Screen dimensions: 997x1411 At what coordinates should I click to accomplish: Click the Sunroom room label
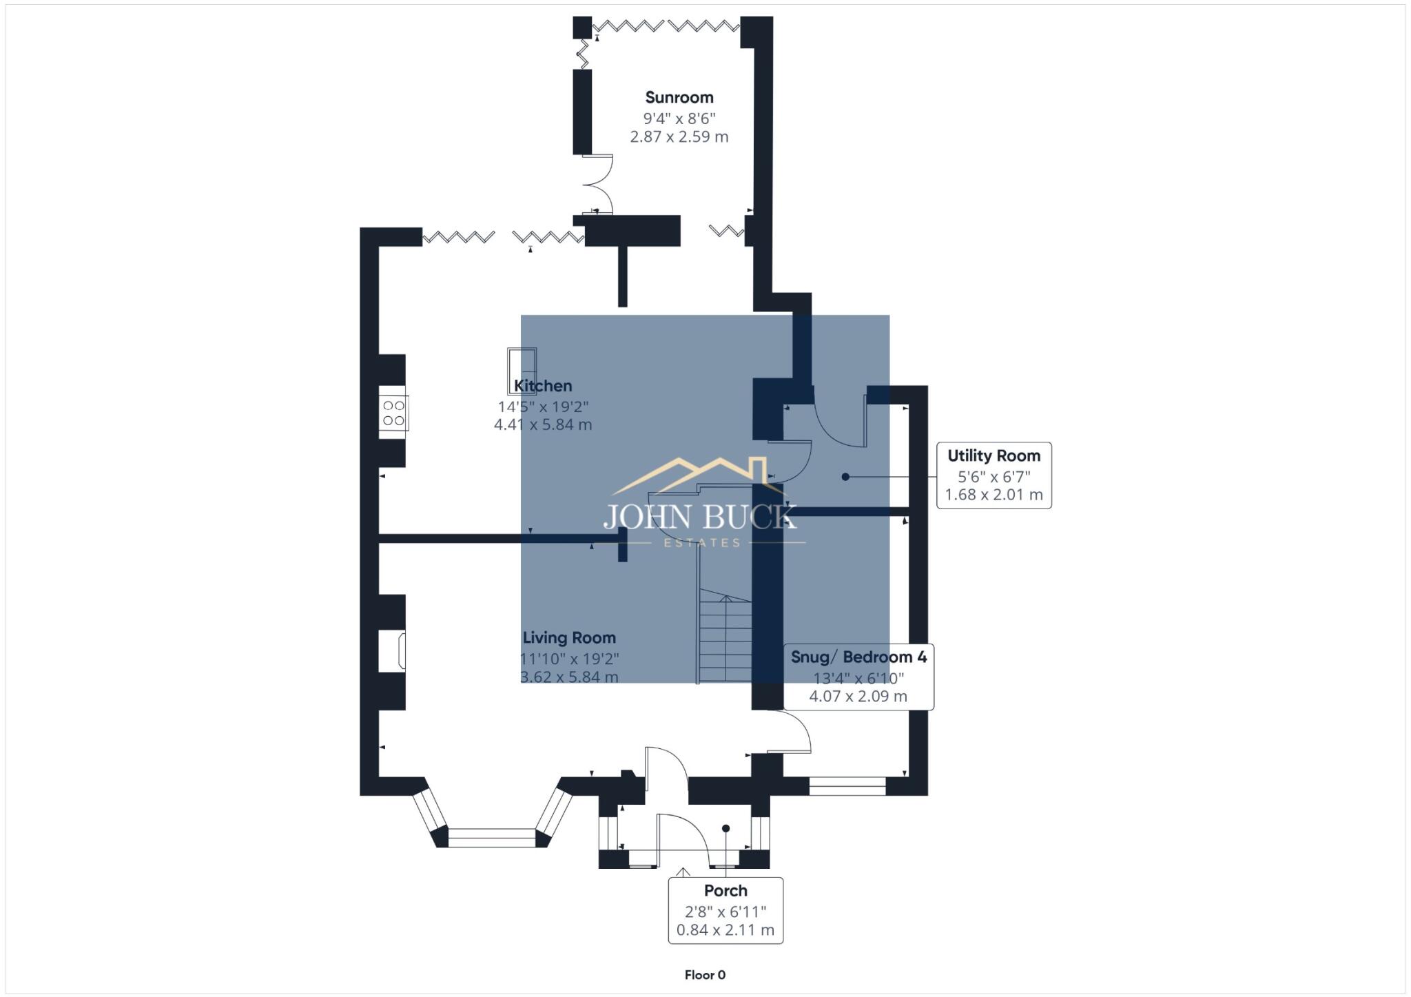[679, 98]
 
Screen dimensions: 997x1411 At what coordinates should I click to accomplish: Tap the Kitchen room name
[543, 386]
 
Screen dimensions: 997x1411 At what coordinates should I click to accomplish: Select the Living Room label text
[569, 638]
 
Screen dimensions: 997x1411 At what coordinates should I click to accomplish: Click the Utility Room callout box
[993, 475]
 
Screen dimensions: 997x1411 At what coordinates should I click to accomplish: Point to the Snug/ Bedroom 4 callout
[858, 677]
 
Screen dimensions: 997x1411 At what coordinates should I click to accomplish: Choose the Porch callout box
[725, 910]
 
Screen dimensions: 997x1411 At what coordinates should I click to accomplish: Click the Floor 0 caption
[705, 975]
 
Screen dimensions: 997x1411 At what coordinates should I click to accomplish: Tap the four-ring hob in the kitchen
[393, 413]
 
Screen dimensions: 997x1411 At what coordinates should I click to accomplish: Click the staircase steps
[725, 637]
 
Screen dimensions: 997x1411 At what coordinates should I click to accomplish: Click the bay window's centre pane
[492, 838]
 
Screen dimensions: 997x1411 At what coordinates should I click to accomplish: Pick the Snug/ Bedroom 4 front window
[847, 786]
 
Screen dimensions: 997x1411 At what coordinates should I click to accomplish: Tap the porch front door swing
[682, 841]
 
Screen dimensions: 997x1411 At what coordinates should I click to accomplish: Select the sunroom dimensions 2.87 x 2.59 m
[679, 136]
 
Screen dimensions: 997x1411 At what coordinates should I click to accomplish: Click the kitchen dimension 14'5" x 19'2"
[543, 407]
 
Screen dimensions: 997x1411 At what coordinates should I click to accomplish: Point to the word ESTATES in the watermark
[701, 543]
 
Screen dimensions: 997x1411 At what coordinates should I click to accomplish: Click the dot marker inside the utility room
[845, 477]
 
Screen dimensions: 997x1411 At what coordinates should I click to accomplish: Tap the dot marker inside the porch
[725, 828]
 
